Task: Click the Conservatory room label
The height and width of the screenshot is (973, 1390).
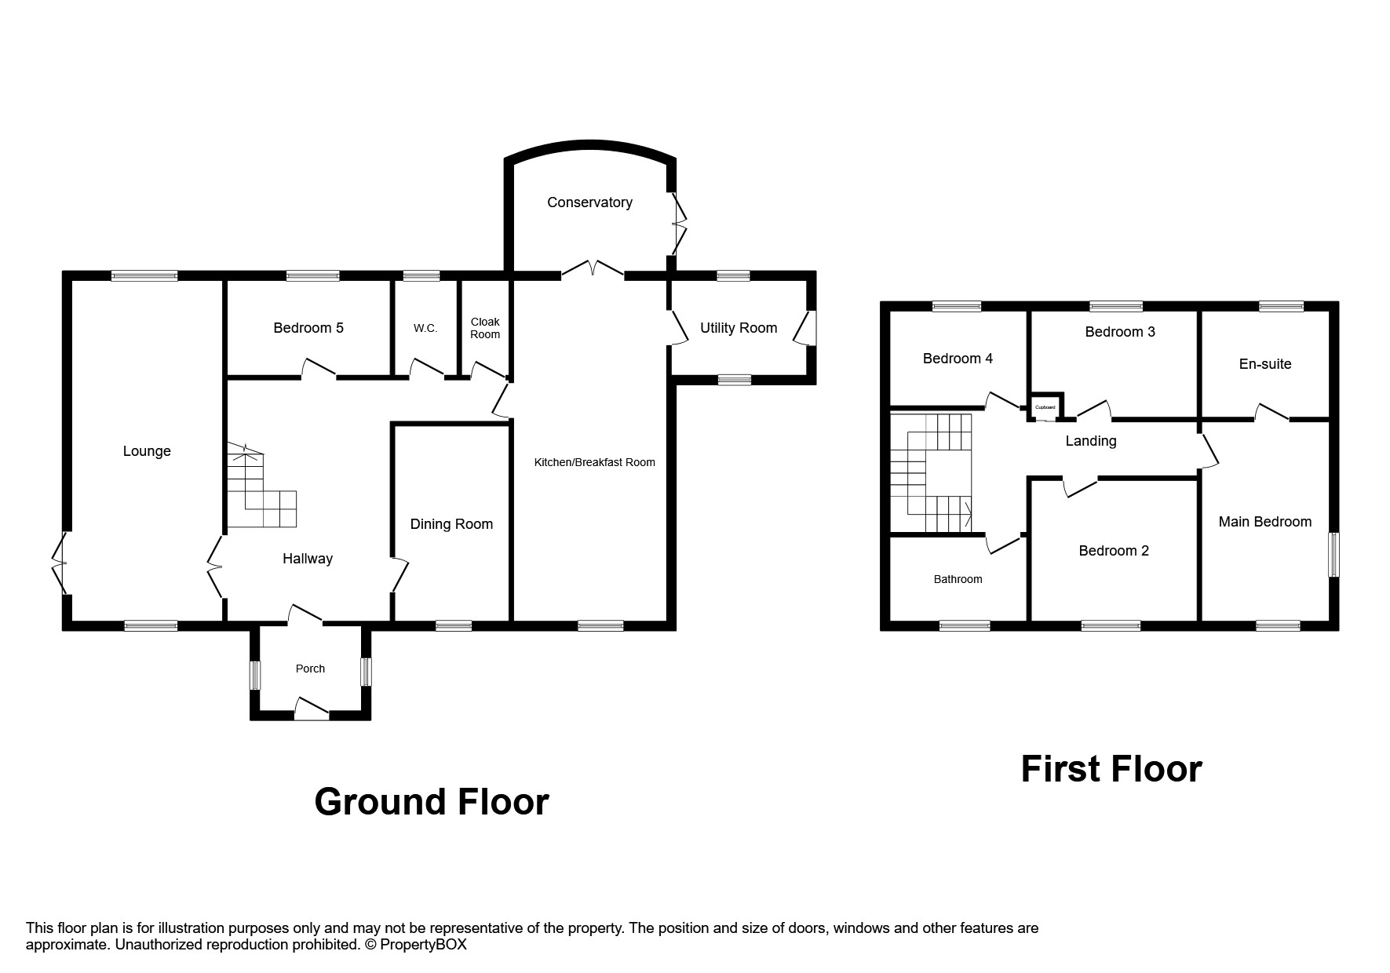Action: pos(589,202)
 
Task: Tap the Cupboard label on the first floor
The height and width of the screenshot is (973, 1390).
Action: pos(1045,407)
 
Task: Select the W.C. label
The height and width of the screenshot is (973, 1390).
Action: pos(425,328)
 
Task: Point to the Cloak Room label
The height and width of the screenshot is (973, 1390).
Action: pos(485,328)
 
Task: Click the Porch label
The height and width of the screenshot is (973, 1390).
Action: pos(310,669)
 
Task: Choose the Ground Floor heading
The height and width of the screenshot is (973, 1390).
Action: pos(431,802)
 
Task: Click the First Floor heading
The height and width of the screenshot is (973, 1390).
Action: pos(1111,769)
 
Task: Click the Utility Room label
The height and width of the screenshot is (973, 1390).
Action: pos(739,328)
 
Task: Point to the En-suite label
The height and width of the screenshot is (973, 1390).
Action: pos(1264,364)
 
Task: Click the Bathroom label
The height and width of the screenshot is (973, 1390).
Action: pos(958,579)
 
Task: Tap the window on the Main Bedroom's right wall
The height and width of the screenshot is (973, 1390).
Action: pos(1333,556)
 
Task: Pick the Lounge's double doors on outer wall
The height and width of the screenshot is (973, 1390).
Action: pos(60,563)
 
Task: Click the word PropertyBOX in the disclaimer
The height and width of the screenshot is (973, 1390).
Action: pos(423,945)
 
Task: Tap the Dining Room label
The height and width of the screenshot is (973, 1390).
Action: pos(451,524)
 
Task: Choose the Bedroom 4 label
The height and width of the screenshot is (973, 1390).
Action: pos(958,359)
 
